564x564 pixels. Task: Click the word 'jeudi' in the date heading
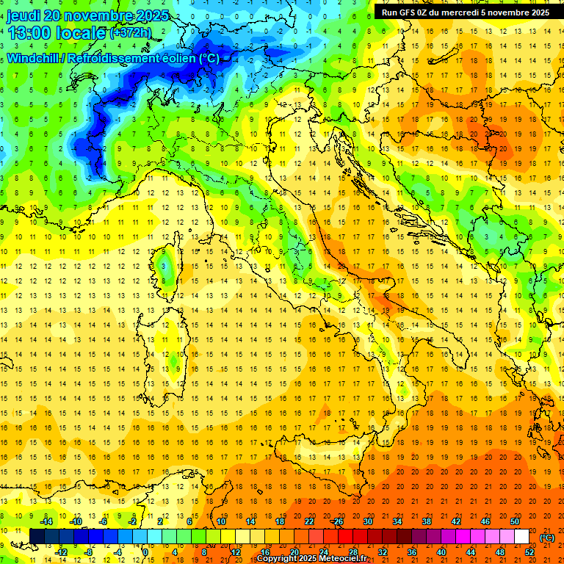(24, 15)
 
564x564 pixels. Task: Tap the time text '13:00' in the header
(30, 32)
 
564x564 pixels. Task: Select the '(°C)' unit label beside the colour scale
(547, 537)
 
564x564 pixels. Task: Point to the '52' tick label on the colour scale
(529, 552)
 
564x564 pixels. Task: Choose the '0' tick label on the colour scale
(146, 552)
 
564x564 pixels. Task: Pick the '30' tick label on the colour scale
(368, 521)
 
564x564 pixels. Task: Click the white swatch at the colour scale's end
(521, 536)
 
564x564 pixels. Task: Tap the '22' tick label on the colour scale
(309, 521)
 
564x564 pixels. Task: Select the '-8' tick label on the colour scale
(88, 552)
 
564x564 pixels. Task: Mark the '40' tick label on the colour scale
(441, 552)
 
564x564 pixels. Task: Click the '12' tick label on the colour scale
(236, 552)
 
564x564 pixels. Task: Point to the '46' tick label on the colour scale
(485, 521)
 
